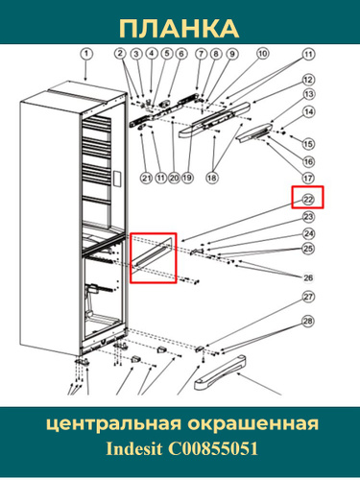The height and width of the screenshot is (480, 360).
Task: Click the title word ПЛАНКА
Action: [180, 29]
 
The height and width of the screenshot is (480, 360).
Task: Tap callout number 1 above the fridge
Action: [86, 54]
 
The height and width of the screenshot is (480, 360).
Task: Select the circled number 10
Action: [262, 53]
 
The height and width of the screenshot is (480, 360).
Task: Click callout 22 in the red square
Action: [308, 200]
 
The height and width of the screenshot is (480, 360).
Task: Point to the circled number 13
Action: [308, 94]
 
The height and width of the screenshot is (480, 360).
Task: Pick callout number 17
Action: [308, 178]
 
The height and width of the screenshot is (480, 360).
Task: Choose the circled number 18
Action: [211, 178]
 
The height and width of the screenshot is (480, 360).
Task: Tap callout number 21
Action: [147, 178]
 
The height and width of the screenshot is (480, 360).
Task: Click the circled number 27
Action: [308, 297]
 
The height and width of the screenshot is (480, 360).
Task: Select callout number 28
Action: [308, 321]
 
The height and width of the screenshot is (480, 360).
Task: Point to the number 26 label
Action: [308, 277]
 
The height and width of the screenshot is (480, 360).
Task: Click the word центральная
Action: [114, 424]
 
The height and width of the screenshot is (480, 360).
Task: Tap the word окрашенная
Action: [253, 424]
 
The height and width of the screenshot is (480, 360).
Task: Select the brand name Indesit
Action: [133, 448]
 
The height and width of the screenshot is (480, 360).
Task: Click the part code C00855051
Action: [213, 448]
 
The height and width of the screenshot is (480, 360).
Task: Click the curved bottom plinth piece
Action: [220, 372]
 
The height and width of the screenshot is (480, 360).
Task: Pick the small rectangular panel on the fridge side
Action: [117, 180]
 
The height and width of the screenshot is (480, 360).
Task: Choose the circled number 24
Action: [308, 234]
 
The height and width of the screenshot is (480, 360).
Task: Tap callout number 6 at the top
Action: [181, 54]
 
